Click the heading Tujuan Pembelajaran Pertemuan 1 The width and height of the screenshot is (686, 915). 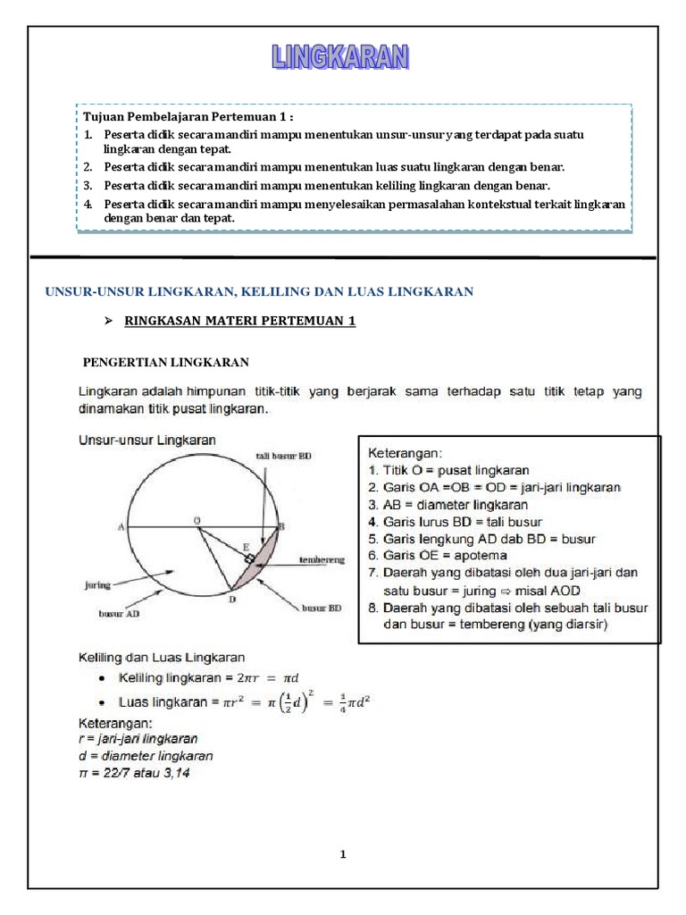click(x=188, y=117)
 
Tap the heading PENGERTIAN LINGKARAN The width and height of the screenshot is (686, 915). click(x=165, y=362)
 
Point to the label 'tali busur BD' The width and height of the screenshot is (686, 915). click(x=284, y=455)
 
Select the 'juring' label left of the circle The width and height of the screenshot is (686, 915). click(x=94, y=585)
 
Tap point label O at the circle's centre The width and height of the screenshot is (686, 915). click(x=197, y=519)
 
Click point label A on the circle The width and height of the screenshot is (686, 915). click(x=121, y=527)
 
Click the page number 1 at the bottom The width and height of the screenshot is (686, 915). click(x=342, y=855)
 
